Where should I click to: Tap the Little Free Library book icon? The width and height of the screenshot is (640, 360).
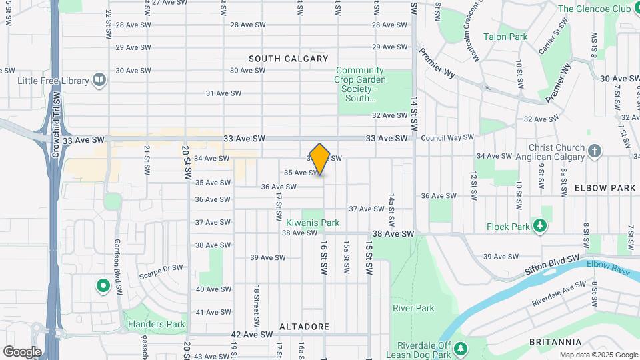click(x=99, y=81)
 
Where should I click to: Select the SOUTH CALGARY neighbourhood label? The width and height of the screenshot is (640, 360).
click(x=288, y=59)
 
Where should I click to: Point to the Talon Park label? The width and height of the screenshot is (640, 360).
click(x=505, y=37)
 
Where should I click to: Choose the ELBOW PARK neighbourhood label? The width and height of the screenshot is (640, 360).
click(x=605, y=188)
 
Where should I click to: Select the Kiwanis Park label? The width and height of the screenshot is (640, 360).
click(x=313, y=223)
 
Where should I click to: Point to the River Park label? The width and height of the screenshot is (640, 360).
click(x=413, y=308)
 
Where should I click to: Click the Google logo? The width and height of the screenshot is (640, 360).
click(x=22, y=351)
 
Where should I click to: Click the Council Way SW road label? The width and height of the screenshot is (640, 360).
click(x=447, y=137)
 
